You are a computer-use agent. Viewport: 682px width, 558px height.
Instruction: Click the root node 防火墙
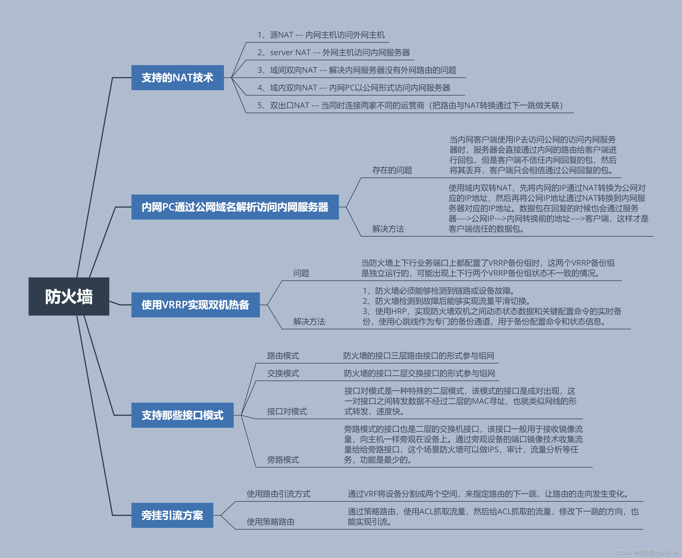tap(69, 296)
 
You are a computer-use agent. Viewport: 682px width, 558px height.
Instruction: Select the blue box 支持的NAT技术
tap(177, 77)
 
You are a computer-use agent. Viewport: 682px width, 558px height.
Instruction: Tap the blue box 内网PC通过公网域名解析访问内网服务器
tap(235, 207)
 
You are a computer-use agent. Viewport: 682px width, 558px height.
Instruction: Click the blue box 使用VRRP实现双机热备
tap(195, 305)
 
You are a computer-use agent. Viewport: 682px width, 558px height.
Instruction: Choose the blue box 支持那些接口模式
tap(182, 415)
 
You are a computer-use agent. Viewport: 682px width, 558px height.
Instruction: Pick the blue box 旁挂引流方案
tap(172, 515)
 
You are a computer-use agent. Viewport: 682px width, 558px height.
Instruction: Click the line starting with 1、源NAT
tap(321, 35)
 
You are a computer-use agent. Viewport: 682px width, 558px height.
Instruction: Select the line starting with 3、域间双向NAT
tap(356, 70)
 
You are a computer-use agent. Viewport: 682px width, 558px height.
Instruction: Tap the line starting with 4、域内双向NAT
tap(353, 88)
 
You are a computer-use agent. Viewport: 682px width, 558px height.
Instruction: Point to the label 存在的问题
tap(392, 170)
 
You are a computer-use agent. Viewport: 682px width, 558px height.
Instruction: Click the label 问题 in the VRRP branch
tap(301, 273)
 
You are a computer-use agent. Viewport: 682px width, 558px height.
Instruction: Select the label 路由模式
tap(283, 356)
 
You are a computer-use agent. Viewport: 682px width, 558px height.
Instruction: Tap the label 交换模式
tap(283, 373)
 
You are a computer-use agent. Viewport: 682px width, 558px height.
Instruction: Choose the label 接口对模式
tap(287, 411)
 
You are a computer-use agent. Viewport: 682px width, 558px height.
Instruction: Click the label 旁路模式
tap(283, 460)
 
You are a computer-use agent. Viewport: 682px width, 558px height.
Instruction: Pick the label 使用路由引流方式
tap(278, 494)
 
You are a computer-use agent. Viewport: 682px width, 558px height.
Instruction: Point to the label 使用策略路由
tap(270, 522)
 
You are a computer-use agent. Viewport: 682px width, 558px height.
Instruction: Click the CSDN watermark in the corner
tap(647, 552)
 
